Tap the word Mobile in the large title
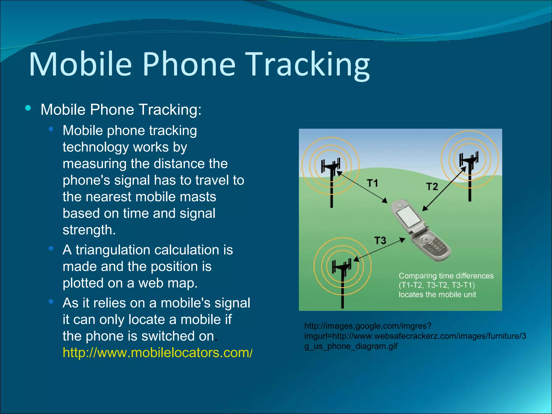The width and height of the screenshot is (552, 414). [x=80, y=65]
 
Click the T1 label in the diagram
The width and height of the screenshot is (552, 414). [x=372, y=183]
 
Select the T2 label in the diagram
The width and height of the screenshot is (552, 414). [x=432, y=187]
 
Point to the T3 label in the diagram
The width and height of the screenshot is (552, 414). [x=380, y=240]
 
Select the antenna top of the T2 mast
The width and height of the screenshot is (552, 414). [x=469, y=158]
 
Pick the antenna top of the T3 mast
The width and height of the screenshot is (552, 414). [x=342, y=266]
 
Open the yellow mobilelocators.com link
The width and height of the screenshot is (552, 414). [x=157, y=353]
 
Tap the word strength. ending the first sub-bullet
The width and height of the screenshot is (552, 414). [x=89, y=230]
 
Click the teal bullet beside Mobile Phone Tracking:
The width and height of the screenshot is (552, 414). [x=28, y=108]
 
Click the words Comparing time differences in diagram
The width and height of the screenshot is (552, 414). [x=446, y=276]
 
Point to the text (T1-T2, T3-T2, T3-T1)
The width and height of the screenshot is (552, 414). [x=437, y=285]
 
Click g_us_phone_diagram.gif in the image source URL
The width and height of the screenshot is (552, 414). [x=351, y=346]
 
